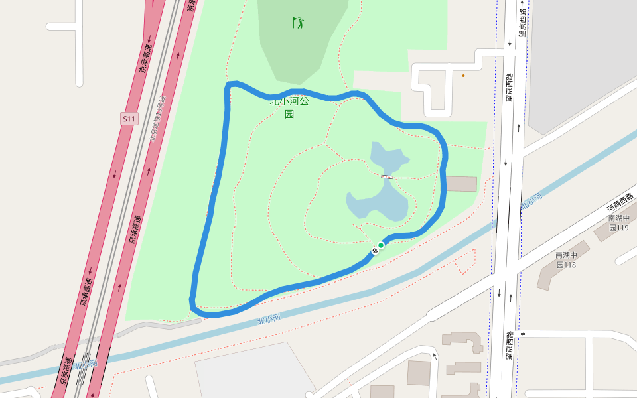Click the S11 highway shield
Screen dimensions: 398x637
coord(129,119)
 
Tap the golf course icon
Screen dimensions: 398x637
coord(299,23)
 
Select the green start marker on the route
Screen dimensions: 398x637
coord(381,245)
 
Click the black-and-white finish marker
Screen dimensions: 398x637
coord(375,251)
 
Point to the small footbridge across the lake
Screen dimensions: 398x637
coord(388,177)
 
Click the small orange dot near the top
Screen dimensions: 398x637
coord(463,76)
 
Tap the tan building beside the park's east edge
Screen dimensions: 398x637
coord(461,184)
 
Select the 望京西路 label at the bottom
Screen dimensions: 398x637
coord(508,345)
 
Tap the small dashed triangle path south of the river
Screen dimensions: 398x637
coord(465,261)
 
